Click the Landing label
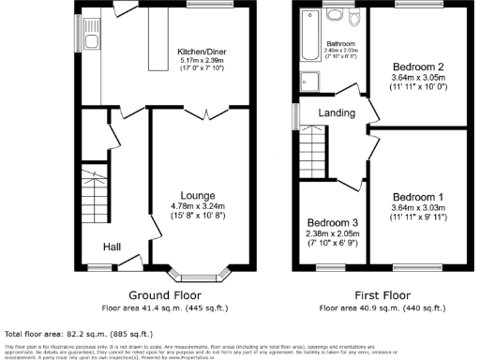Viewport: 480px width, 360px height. coord(336,112)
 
